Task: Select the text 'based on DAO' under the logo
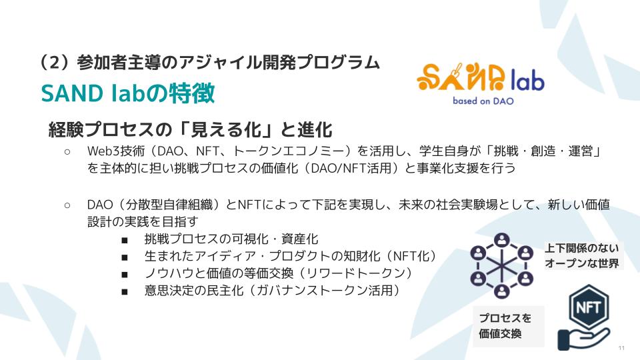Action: pyautogui.click(x=483, y=101)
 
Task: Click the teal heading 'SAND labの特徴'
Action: pyautogui.click(x=128, y=93)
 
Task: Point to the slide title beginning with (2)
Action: pyautogui.click(x=210, y=63)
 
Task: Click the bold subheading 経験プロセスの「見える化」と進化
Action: pyautogui.click(x=191, y=130)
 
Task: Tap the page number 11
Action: pyautogui.click(x=621, y=348)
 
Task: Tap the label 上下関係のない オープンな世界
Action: pyautogui.click(x=582, y=255)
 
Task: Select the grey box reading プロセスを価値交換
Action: pyautogui.click(x=509, y=326)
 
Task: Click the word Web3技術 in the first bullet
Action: pyautogui.click(x=116, y=151)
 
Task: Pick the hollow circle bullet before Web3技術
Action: pyautogui.click(x=67, y=152)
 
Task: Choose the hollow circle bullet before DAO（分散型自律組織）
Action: pyautogui.click(x=67, y=205)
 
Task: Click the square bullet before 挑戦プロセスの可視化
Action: pyautogui.click(x=125, y=240)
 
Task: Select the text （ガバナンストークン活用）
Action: pyautogui.click(x=325, y=290)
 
